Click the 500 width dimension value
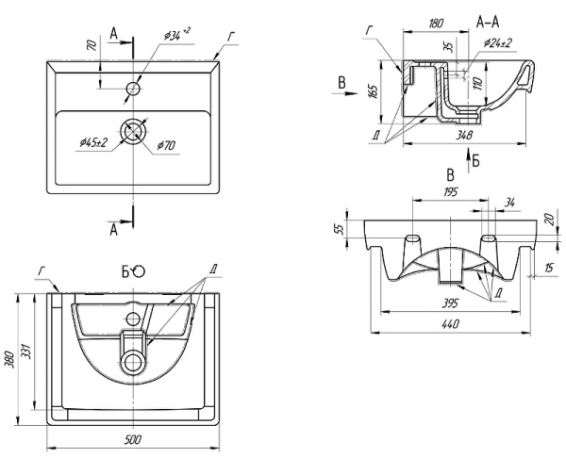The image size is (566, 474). (x=134, y=440)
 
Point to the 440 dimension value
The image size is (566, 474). (x=449, y=325)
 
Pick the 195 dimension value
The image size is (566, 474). (x=450, y=192)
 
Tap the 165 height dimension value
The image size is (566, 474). (x=375, y=92)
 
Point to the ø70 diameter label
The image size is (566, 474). (x=166, y=145)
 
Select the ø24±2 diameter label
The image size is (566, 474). (x=497, y=42)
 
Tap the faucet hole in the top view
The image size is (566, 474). (x=134, y=90)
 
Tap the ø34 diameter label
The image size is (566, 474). (x=175, y=35)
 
